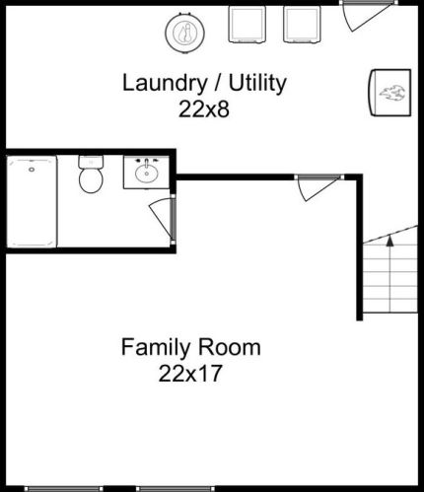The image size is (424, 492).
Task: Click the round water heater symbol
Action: click(x=185, y=33)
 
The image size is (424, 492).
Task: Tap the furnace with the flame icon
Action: click(x=390, y=93)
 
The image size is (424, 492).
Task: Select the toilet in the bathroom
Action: click(x=91, y=175)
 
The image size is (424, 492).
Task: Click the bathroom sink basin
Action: click(x=146, y=174)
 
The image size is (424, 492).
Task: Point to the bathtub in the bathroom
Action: click(x=32, y=201)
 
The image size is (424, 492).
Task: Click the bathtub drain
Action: click(x=32, y=170)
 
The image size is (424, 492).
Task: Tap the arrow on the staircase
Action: click(x=389, y=241)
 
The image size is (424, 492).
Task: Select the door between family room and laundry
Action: click(x=318, y=187)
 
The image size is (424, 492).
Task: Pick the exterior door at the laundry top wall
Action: click(x=367, y=16)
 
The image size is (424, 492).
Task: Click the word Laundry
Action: click(x=164, y=83)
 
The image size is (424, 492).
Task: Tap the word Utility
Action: click(x=257, y=83)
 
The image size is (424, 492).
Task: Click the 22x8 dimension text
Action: click(x=204, y=109)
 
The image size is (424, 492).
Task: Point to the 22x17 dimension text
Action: click(x=190, y=374)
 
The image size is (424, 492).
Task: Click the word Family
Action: click(x=156, y=348)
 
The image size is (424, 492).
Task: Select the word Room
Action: click(x=229, y=347)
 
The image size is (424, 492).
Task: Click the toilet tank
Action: click(x=91, y=162)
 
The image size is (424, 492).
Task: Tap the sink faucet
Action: click(x=147, y=161)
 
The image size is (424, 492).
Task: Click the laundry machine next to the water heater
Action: click(x=247, y=25)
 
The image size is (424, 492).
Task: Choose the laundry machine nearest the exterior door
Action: click(x=302, y=25)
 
